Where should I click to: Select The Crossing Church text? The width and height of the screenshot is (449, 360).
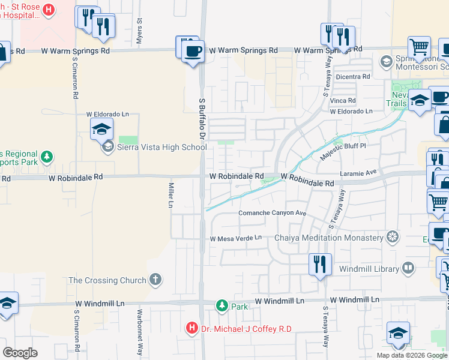click(x=107, y=280)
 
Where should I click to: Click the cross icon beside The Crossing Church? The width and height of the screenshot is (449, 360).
click(x=155, y=280)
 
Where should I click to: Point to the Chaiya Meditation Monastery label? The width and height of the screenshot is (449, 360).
click(x=328, y=238)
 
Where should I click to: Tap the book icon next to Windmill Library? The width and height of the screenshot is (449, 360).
click(x=408, y=267)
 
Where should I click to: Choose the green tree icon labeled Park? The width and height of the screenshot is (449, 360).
click(x=222, y=306)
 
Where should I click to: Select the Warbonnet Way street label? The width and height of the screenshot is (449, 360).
click(x=139, y=330)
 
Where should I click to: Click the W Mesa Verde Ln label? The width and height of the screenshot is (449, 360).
click(x=236, y=238)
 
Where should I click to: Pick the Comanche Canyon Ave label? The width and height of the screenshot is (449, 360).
click(x=273, y=213)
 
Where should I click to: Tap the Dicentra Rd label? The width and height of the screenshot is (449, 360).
click(x=353, y=76)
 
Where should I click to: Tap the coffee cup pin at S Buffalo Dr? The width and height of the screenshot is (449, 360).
click(x=193, y=51)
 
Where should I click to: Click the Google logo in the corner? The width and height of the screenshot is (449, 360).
click(x=20, y=352)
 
